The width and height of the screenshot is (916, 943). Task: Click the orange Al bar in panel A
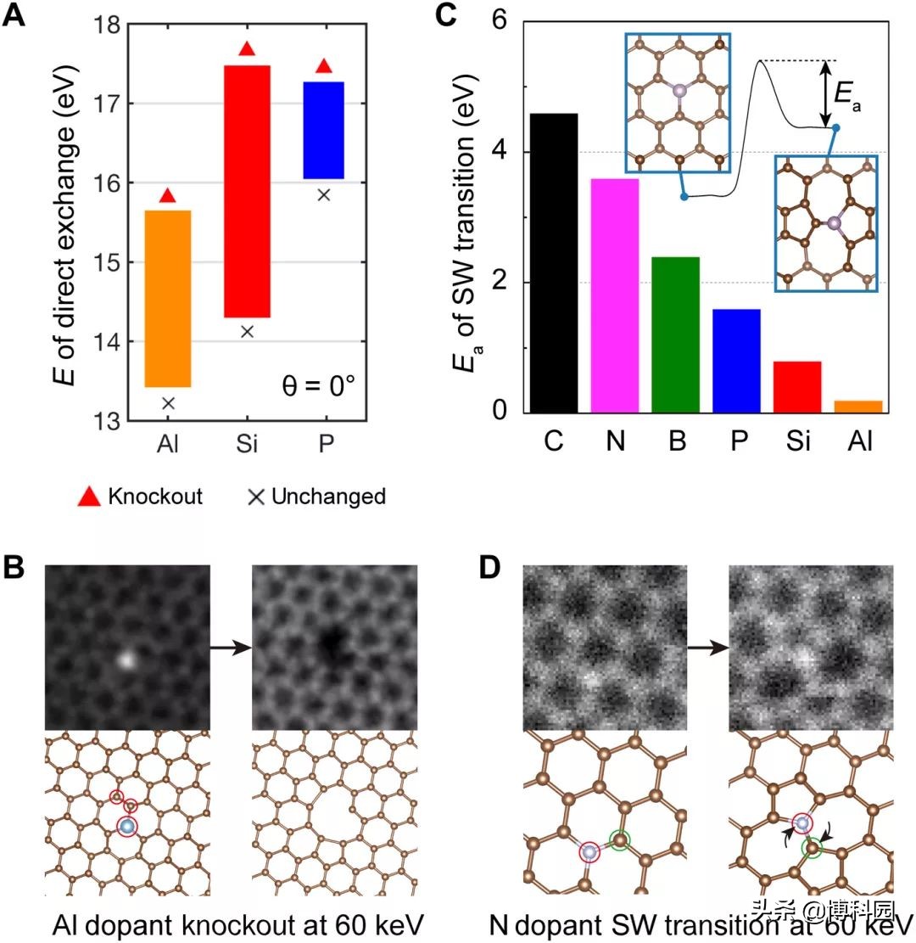(167, 298)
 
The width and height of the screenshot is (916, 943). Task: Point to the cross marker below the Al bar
(168, 403)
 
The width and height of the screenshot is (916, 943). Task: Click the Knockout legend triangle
(89, 496)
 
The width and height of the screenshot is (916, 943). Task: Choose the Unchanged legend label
(327, 497)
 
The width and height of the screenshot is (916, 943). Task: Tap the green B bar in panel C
(675, 334)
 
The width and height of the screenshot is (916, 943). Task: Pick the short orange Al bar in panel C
(858, 407)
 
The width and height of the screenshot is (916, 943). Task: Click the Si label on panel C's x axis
(796, 442)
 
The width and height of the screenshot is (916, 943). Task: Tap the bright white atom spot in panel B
(126, 658)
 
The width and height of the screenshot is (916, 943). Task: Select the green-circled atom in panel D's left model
(621, 840)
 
